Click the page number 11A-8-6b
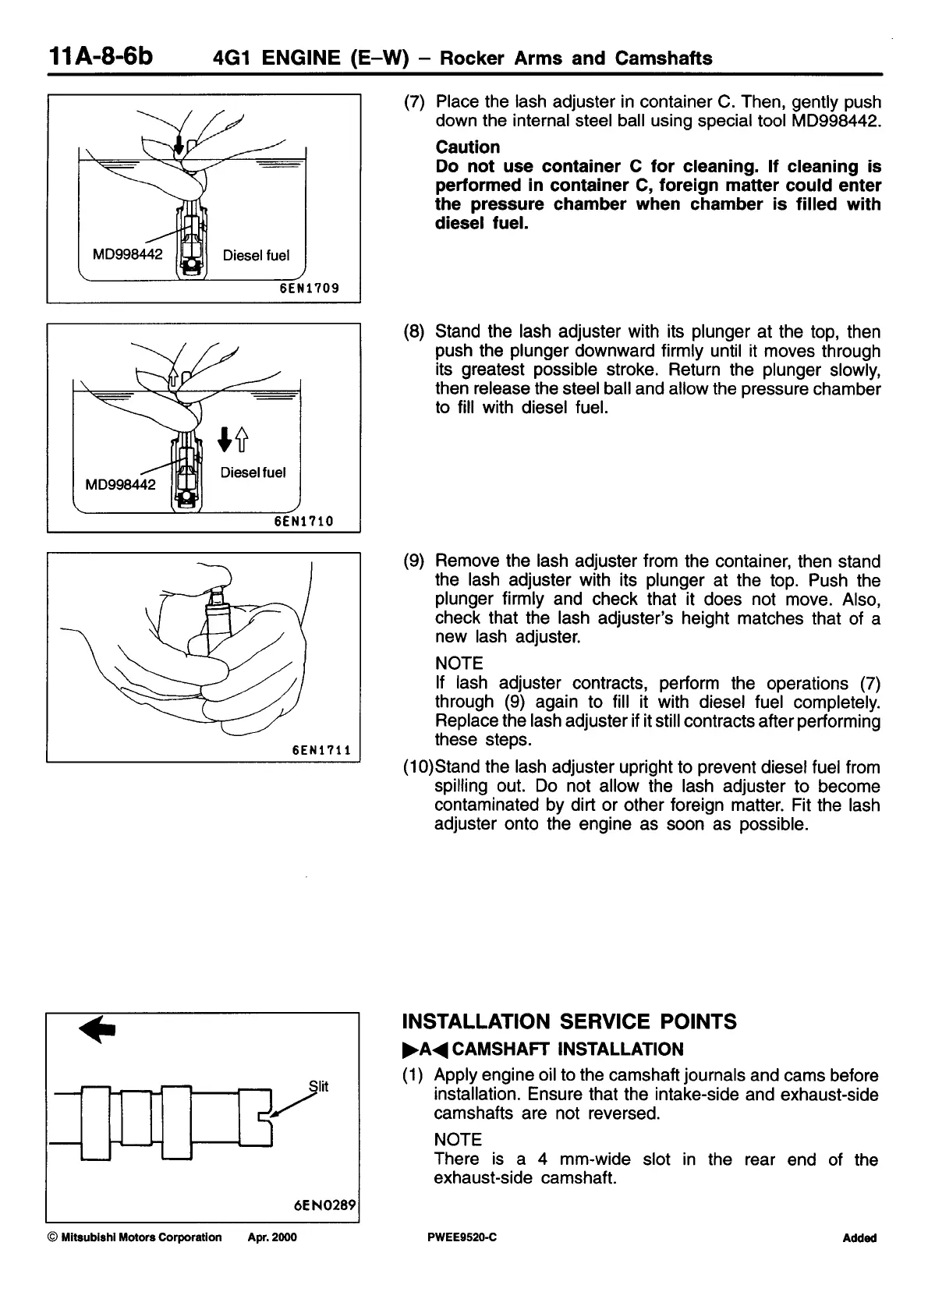(101, 57)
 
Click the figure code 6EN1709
(310, 288)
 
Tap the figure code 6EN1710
(304, 521)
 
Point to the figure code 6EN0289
(325, 1205)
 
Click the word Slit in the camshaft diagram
(318, 1086)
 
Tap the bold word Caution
(468, 147)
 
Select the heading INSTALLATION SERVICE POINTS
(569, 1022)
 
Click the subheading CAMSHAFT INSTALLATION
(567, 1049)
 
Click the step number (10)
(417, 767)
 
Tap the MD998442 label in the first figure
(127, 254)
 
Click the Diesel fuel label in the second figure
(253, 472)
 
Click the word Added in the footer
(859, 1238)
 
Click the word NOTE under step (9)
(459, 664)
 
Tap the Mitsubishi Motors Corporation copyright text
(135, 1237)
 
